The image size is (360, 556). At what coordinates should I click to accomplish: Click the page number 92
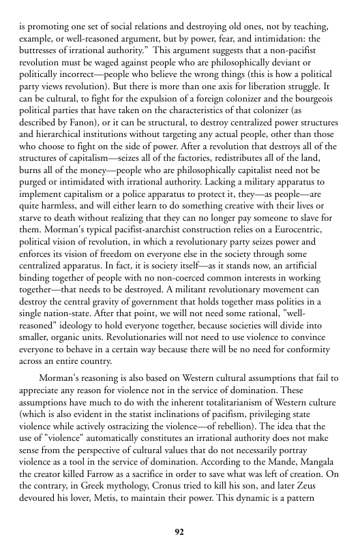(x=179, y=531)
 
